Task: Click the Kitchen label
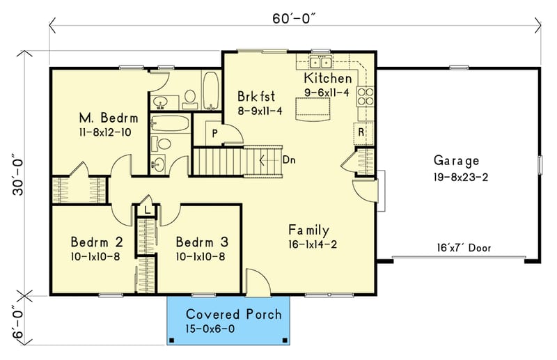[328, 78]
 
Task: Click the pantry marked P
[207, 132]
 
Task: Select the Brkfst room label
[258, 95]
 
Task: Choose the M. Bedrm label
[103, 117]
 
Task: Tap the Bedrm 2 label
[97, 242]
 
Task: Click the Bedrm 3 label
[202, 242]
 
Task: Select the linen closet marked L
[148, 209]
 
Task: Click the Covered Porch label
[233, 314]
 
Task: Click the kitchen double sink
[321, 61]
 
